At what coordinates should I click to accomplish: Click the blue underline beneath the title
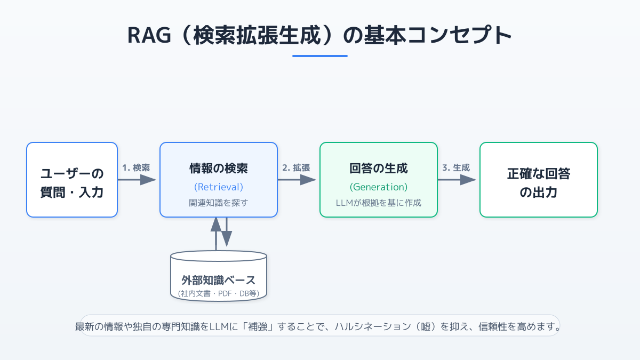[x=319, y=56]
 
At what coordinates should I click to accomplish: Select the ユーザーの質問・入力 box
[x=72, y=180]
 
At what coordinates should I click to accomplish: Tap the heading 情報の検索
[x=219, y=169]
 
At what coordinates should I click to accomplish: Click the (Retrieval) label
[x=219, y=187]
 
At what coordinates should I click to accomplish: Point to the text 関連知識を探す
[x=219, y=203]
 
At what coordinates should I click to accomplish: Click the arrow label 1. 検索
[x=136, y=167]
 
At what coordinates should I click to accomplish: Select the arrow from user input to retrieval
[x=137, y=180]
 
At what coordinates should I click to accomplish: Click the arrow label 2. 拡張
[x=296, y=167]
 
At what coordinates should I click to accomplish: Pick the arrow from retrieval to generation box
[x=297, y=180]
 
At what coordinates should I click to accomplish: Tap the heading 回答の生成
[x=379, y=169]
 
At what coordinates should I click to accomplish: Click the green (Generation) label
[x=379, y=187]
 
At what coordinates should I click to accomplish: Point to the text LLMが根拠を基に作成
[x=379, y=203]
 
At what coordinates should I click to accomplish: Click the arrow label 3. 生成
[x=456, y=167]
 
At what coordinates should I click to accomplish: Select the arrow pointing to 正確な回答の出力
[x=457, y=180]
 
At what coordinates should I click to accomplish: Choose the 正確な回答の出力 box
[x=539, y=180]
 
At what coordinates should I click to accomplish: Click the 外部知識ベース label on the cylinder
[x=219, y=280]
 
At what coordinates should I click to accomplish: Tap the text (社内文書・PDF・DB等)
[x=219, y=293]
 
